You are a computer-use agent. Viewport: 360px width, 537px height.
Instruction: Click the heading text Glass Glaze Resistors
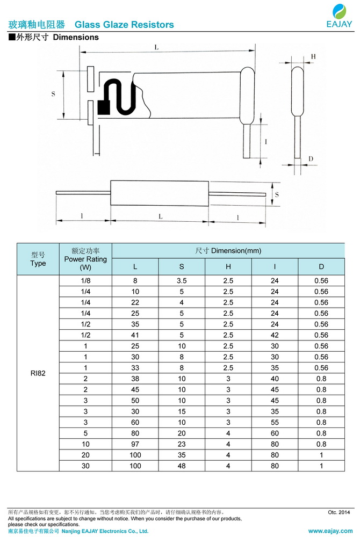point(124,25)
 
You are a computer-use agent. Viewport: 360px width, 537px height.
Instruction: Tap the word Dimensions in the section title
point(76,38)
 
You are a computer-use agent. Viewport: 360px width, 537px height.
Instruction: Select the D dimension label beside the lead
point(311,158)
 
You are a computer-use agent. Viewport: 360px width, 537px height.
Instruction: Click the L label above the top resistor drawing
point(156,47)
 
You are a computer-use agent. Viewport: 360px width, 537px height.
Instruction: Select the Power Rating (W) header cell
point(85,259)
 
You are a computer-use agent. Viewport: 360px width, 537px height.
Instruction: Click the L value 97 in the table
point(135,444)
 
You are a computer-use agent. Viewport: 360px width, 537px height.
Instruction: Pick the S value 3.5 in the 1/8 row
point(182,281)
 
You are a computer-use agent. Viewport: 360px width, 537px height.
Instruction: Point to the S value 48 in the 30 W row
point(182,466)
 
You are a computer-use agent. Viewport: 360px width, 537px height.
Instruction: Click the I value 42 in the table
point(275,335)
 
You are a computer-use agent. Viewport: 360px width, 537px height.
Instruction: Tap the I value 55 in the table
point(275,423)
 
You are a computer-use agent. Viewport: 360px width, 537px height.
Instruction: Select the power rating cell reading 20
point(85,455)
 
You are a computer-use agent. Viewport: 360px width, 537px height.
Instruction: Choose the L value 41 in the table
point(135,335)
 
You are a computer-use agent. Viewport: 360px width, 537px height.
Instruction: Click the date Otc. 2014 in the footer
point(339,512)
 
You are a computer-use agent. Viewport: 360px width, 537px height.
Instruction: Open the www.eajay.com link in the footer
point(330,531)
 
